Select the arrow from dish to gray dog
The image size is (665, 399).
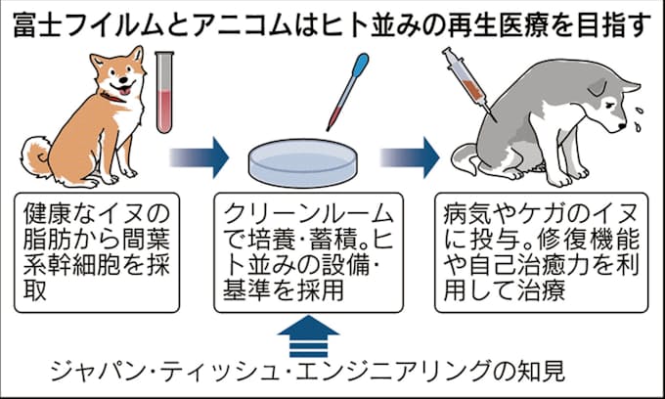(410, 154)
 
